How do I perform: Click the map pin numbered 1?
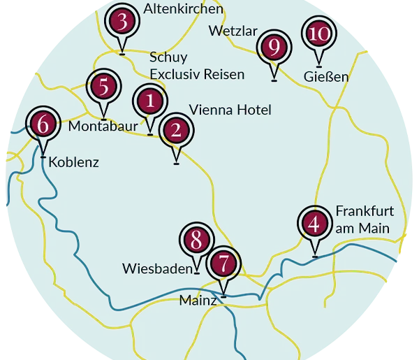(149, 102)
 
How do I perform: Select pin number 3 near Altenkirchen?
(122, 22)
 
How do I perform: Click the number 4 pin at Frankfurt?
(315, 224)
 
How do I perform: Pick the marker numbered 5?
(103, 87)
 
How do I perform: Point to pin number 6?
(43, 126)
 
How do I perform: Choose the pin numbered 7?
(223, 265)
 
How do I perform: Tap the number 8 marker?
(196, 240)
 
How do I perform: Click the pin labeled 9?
(274, 48)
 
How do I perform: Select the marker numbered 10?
(318, 34)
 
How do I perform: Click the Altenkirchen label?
(183, 9)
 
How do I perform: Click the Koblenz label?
(74, 163)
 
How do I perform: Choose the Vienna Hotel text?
(230, 110)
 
